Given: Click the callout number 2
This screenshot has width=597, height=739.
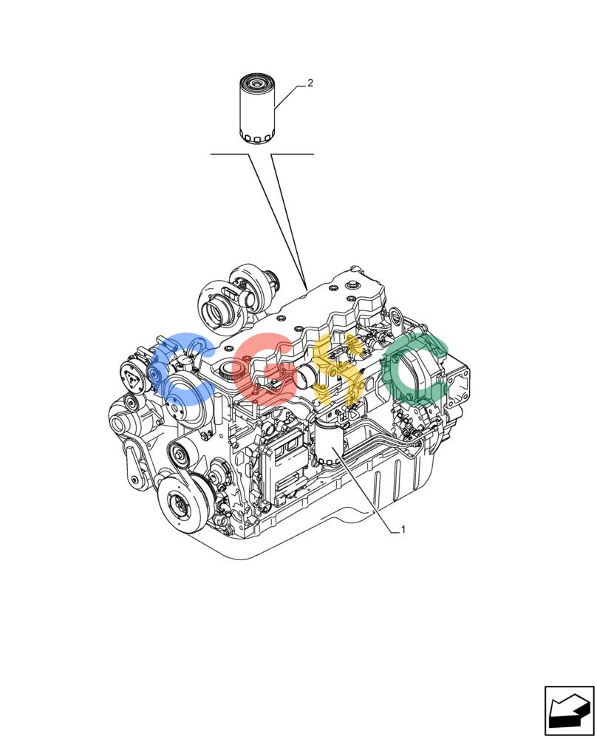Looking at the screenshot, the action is pos(310,83).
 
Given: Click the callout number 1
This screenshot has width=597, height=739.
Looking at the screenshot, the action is pos(403,529).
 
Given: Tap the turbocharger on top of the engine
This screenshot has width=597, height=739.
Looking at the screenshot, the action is pos(239,297).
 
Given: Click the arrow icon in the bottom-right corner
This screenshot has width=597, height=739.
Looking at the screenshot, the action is pos(569,711).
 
